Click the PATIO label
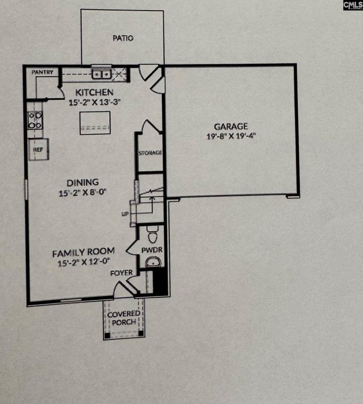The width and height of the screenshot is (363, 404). [123, 38]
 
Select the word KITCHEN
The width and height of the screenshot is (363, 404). [94, 92]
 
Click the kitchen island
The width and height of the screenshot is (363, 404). [95, 123]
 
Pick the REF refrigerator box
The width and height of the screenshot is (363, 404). [38, 149]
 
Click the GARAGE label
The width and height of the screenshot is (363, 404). [230, 127]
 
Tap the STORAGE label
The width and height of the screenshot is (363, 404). [150, 153]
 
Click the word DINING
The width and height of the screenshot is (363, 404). [83, 182]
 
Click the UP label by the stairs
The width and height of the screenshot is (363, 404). [124, 214]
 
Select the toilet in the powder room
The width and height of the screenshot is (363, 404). [152, 234]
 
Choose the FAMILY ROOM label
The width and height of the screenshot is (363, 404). [83, 251]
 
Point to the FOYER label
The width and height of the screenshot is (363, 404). [122, 273]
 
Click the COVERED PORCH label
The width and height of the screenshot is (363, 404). [123, 318]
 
